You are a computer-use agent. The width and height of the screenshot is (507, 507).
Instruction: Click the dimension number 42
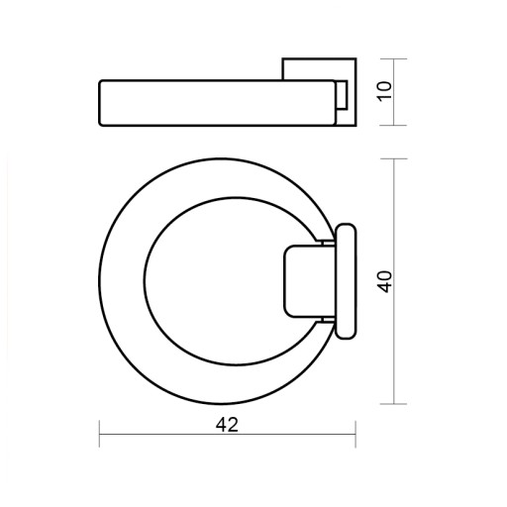tap(227, 425)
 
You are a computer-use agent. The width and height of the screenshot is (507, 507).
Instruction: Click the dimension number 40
tap(385, 281)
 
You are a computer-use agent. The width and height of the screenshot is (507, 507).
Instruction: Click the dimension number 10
tap(385, 91)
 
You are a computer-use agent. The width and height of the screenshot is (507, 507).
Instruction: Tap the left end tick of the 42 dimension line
tap(99, 434)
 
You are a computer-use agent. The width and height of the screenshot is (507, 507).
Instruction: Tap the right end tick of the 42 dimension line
tap(355, 434)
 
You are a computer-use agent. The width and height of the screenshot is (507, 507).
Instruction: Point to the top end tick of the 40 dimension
tap(394, 158)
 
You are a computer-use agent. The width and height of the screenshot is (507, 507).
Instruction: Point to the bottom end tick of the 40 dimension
tap(394, 404)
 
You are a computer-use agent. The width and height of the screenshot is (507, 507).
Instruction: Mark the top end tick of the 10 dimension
tap(394, 59)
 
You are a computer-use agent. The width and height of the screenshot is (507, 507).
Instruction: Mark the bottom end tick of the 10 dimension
tap(394, 126)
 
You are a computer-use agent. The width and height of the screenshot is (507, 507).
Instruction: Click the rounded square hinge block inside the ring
tap(310, 281)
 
